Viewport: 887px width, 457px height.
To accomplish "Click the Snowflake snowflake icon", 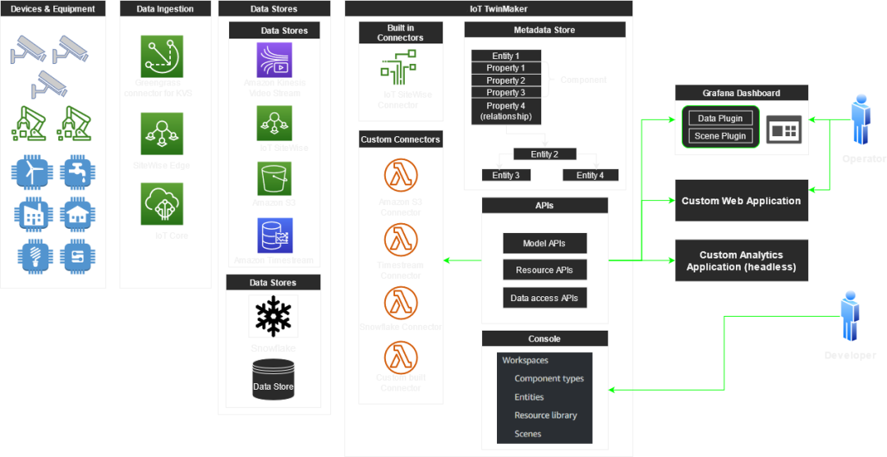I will tap(273, 317).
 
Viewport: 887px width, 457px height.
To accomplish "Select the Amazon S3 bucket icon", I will tap(273, 178).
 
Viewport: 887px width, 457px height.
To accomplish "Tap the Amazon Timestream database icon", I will tap(273, 235).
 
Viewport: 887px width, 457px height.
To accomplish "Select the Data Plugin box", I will tap(720, 118).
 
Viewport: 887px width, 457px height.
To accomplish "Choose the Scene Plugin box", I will tap(720, 136).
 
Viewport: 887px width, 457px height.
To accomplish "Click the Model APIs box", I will tap(545, 244).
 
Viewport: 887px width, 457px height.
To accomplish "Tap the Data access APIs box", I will tap(545, 298).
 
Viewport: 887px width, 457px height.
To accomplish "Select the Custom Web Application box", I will tap(741, 201).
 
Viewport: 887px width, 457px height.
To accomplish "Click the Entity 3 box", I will tap(506, 176).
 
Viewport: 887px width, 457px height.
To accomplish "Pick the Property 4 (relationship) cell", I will tap(506, 112).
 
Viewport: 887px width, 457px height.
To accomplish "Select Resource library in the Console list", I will tap(545, 416).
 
